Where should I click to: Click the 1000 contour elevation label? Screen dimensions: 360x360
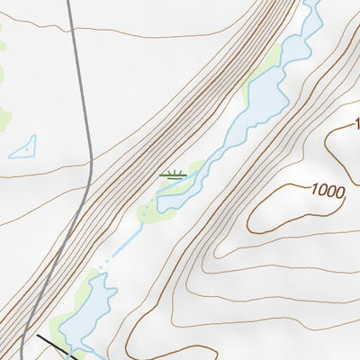(328, 191)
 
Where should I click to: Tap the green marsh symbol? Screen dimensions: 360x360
(173, 175)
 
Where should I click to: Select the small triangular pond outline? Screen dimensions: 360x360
(24, 148)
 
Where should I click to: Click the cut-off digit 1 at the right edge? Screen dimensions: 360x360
(355, 123)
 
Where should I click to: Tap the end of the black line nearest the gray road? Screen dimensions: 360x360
(39, 337)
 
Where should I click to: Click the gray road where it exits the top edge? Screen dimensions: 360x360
(69, 3)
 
